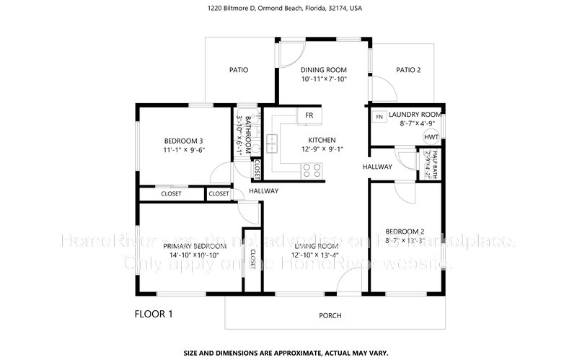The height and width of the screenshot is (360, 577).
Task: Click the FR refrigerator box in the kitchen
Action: click(309, 115)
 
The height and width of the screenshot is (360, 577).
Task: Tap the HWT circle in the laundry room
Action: click(431, 137)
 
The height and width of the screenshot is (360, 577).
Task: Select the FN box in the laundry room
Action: click(379, 117)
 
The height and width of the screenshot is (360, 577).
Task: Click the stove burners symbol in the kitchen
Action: click(312, 170)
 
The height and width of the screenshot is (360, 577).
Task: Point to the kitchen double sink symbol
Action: click(273, 144)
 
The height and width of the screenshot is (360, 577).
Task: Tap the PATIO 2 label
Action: click(408, 70)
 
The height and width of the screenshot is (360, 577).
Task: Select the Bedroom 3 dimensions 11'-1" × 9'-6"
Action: click(184, 150)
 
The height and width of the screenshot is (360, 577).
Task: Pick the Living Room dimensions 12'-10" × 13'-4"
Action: click(317, 255)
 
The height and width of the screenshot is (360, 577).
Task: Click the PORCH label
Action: click(330, 316)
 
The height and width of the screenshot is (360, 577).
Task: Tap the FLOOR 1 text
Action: click(154, 314)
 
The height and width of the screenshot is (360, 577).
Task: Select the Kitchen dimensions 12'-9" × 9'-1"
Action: click(322, 150)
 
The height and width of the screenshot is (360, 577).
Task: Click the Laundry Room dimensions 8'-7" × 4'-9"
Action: click(414, 124)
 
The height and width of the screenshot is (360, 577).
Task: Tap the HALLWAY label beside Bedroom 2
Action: click(377, 167)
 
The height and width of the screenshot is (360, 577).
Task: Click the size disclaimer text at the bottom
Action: click(286, 354)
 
